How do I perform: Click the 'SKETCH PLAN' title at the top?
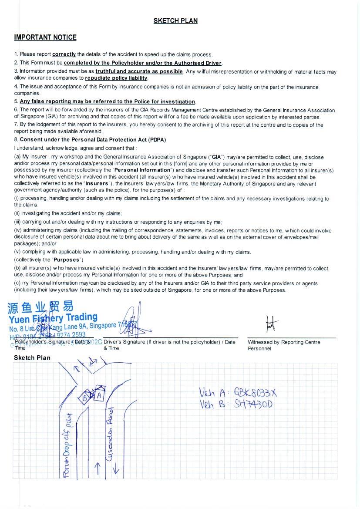click(175, 20)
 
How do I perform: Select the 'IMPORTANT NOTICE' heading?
click(45, 37)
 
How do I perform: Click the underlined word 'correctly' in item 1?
click(64, 54)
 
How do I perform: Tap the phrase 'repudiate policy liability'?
click(116, 78)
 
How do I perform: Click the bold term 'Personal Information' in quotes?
click(142, 170)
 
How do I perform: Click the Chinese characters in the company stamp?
click(40, 307)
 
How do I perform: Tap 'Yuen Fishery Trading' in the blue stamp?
click(53, 318)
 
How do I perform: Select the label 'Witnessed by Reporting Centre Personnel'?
click(284, 345)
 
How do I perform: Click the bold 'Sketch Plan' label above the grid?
click(32, 358)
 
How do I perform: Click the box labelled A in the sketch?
click(99, 395)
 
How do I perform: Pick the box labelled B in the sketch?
click(86, 397)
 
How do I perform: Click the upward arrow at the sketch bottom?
click(98, 469)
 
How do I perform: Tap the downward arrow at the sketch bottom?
click(116, 469)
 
